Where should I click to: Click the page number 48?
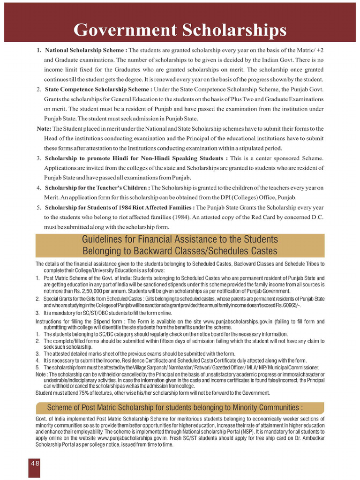click(x=35, y=462)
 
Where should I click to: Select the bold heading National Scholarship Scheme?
click(x=86, y=50)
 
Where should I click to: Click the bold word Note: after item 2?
click(x=44, y=128)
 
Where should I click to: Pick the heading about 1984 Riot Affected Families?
click(x=120, y=207)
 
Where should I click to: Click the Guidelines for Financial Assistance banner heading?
click(x=180, y=245)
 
